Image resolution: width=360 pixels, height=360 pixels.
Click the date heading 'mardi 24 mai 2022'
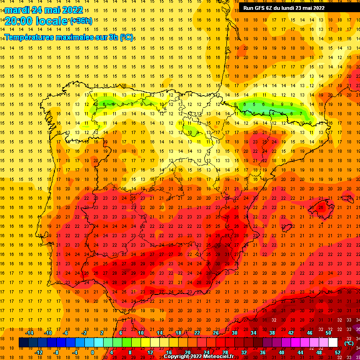click(x=45, y=10)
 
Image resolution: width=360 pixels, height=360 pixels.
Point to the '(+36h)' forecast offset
click(x=81, y=21)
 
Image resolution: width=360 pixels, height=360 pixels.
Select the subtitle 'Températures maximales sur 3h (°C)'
click(x=68, y=37)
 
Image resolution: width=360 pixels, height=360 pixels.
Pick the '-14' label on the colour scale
click(x=29, y=333)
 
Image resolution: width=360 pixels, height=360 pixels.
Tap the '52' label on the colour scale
click(x=337, y=352)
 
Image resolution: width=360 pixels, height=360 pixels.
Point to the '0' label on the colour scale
click(x=92, y=352)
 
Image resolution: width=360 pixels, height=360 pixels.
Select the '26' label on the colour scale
click(x=216, y=333)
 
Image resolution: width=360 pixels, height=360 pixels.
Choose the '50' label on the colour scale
click(x=328, y=333)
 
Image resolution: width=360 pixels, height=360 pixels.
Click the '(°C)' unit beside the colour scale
click(x=349, y=343)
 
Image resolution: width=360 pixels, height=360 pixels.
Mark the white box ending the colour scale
click(x=333, y=343)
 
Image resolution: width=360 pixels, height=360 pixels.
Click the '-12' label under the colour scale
click(x=38, y=352)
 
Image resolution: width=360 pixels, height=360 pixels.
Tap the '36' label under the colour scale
click(x=262, y=352)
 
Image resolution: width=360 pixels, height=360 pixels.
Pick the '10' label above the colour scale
click(x=141, y=333)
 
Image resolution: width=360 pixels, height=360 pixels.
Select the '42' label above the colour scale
click(x=291, y=333)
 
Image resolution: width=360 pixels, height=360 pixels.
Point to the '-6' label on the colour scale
click(x=66, y=333)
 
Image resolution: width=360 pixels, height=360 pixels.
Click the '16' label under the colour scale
click(x=169, y=352)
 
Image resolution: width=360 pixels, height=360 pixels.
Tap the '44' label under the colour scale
click(x=300, y=352)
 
